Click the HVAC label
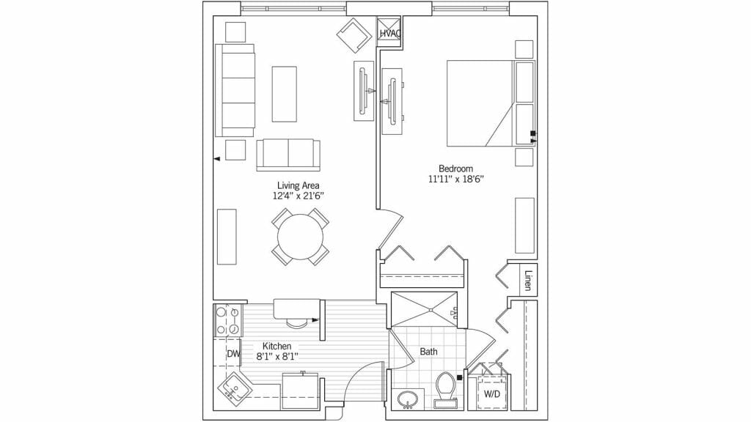coord(390,34)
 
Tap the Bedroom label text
coord(455,169)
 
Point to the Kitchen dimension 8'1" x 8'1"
coord(276,356)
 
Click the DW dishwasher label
coord(233,354)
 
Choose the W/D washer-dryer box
coord(491,394)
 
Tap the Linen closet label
coord(528,281)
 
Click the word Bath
coord(428,352)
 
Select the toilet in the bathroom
coord(445,390)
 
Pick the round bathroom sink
coord(408,399)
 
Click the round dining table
coord(300,237)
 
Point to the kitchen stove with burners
coord(227,321)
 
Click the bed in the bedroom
coord(491,103)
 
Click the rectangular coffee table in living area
coord(285,94)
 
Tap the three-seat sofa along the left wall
coord(235,90)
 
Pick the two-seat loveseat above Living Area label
coord(288,155)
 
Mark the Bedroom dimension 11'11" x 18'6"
coord(457,179)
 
